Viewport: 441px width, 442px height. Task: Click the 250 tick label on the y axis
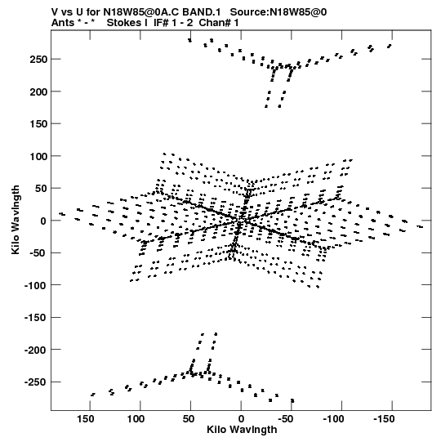coord(38,60)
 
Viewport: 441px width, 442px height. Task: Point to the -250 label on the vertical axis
coord(35,382)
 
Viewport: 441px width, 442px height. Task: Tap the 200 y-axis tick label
coord(38,92)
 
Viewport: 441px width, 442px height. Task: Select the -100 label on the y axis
coord(35,286)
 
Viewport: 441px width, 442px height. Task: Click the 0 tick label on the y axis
coord(43,221)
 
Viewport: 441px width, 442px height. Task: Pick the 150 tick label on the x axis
coord(86,419)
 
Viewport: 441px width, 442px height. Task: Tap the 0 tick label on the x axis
coord(241,419)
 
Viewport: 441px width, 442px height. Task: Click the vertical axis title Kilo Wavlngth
coord(16,220)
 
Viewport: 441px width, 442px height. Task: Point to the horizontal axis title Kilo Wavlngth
coord(242,430)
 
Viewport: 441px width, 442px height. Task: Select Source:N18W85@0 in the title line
coord(278,12)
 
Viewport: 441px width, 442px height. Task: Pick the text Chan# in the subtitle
coord(215,23)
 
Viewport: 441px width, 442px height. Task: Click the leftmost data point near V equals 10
coord(62,214)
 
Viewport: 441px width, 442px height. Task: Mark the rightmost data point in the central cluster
coord(420,226)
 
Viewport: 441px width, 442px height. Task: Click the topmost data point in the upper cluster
coord(189,40)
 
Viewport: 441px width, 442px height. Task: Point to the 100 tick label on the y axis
coord(38,156)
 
